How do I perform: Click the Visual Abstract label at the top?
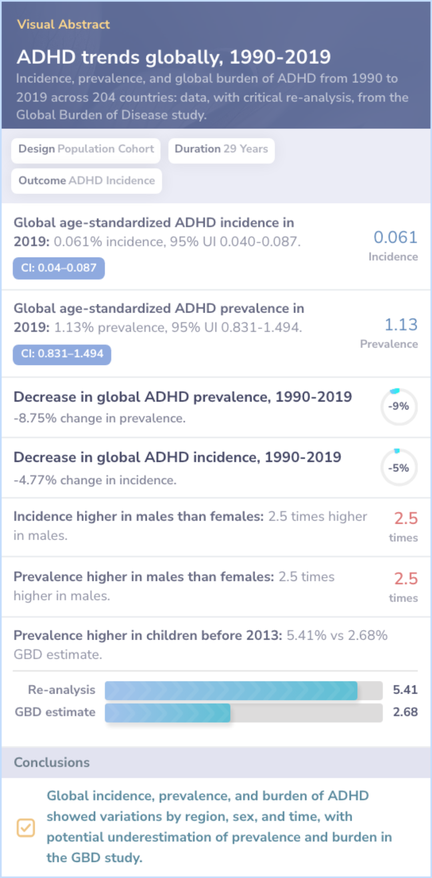63,24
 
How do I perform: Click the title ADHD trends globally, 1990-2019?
174,57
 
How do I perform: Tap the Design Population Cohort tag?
86,149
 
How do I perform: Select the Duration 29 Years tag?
221,149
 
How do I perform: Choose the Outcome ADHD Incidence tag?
86,181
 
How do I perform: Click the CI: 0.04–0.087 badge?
59,268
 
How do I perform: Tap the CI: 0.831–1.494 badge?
62,354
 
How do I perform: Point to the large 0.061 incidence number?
395,237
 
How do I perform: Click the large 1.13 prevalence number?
401,325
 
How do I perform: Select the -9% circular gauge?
399,407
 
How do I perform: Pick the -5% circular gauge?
399,468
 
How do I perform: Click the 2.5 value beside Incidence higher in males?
406,519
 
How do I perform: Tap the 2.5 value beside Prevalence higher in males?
406,579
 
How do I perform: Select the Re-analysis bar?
231,690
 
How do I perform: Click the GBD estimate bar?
168,713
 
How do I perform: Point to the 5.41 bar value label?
405,690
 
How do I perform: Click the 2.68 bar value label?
405,712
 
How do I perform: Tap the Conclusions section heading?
52,762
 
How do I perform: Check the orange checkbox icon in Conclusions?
26,828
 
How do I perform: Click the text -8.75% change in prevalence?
100,418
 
